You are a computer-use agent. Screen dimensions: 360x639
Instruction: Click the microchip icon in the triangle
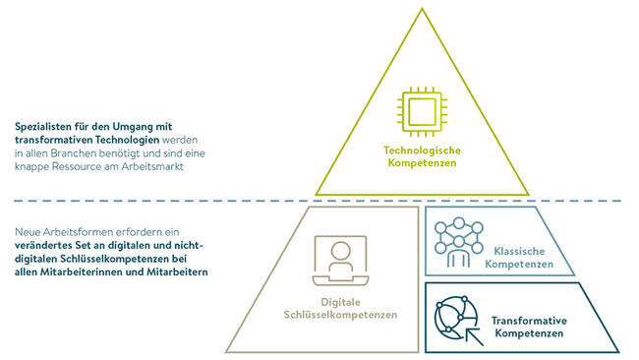(x=421, y=112)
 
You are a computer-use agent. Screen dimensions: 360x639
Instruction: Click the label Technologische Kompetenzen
(x=421, y=156)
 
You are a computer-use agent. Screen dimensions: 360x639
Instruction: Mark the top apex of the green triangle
(x=421, y=7)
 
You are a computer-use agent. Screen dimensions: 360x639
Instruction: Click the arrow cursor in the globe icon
(x=462, y=330)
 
